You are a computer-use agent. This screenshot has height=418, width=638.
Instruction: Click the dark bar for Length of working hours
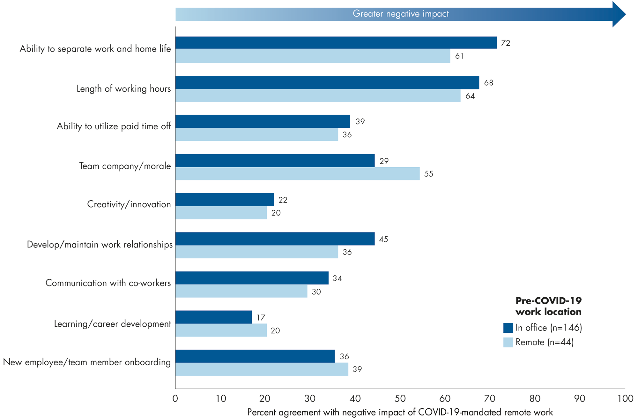[327, 82]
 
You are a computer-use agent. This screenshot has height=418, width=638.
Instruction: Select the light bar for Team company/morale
[297, 174]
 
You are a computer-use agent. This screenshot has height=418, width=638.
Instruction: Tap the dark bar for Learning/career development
[213, 317]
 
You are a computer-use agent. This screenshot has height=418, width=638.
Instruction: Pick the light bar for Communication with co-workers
[241, 291]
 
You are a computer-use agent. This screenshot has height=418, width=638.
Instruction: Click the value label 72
[505, 43]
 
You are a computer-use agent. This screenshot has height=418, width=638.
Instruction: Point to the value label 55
[428, 174]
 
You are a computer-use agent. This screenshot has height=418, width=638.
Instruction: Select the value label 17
[261, 318]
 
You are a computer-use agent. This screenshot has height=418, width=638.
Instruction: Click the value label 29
[384, 161]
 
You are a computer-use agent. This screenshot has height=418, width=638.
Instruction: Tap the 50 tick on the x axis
[400, 399]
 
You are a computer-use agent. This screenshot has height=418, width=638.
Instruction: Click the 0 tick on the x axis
[175, 399]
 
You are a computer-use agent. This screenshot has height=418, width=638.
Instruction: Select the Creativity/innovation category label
[129, 204]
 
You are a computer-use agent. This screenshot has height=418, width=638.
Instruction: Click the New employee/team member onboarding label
[87, 362]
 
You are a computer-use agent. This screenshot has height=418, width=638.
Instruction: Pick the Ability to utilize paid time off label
[114, 126]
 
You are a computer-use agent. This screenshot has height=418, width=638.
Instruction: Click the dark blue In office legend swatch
[508, 328]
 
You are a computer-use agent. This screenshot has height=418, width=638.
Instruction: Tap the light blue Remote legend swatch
[508, 342]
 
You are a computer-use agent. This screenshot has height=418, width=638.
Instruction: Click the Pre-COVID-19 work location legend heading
[548, 306]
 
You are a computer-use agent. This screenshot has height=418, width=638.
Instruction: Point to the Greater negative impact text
[401, 14]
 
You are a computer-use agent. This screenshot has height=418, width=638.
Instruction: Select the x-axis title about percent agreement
[400, 412]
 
